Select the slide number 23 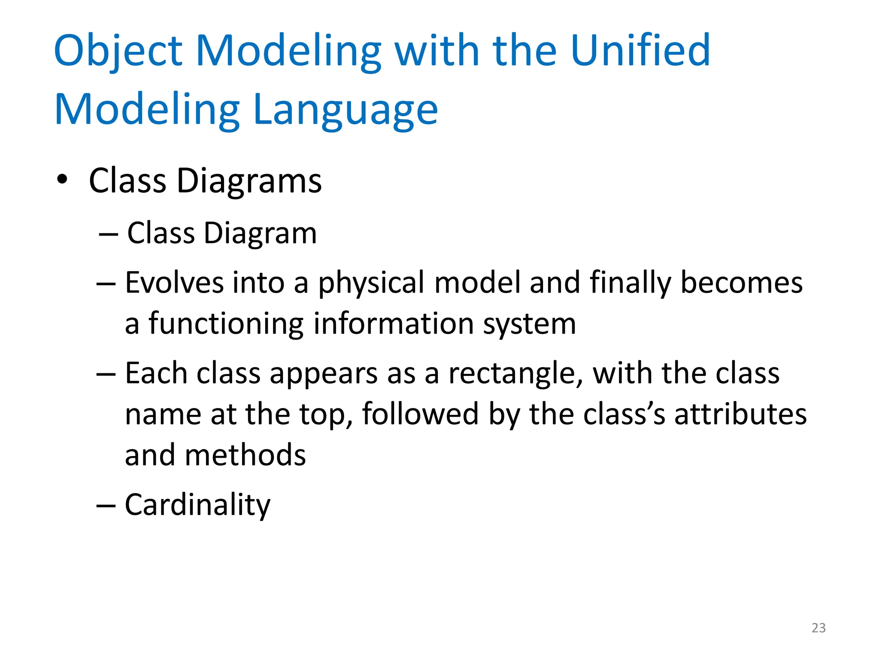pyautogui.click(x=818, y=628)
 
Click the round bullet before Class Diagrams pyautogui.click(x=62, y=180)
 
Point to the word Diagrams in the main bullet pyautogui.click(x=249, y=181)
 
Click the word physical pyautogui.click(x=371, y=283)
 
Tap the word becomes pyautogui.click(x=742, y=283)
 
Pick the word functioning pyautogui.click(x=226, y=324)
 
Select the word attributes pyautogui.click(x=740, y=414)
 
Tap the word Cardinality pyautogui.click(x=197, y=505)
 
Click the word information pyautogui.click(x=393, y=324)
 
